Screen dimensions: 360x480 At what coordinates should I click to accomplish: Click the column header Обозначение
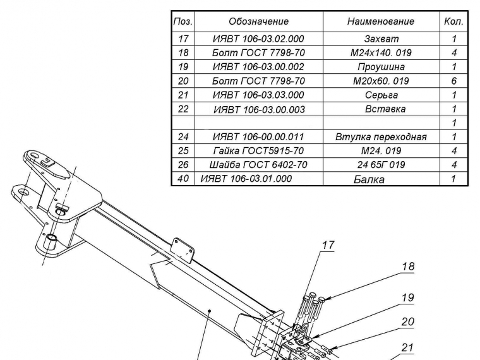click(258, 21)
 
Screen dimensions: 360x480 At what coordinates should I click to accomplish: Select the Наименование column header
click(381, 21)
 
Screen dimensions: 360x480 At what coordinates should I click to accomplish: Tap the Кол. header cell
click(453, 21)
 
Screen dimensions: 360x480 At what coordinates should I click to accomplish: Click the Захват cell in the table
click(381, 39)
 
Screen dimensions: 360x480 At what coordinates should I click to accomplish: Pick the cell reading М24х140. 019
click(381, 53)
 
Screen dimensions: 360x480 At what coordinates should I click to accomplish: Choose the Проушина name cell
click(381, 67)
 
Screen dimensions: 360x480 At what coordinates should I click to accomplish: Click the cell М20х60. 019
click(381, 81)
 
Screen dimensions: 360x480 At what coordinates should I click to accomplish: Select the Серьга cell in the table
click(381, 95)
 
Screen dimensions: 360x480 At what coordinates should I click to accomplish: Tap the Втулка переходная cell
click(381, 137)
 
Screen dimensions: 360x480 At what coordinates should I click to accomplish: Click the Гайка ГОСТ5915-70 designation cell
click(258, 151)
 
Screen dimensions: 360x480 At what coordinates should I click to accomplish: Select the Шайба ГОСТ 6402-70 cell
click(258, 165)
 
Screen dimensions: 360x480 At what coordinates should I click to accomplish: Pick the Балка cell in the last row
click(369, 179)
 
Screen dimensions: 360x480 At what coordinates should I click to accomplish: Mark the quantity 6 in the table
click(453, 81)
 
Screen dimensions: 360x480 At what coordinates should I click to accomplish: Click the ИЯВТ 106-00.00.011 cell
click(258, 137)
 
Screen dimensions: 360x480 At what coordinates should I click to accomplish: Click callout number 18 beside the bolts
click(409, 267)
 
